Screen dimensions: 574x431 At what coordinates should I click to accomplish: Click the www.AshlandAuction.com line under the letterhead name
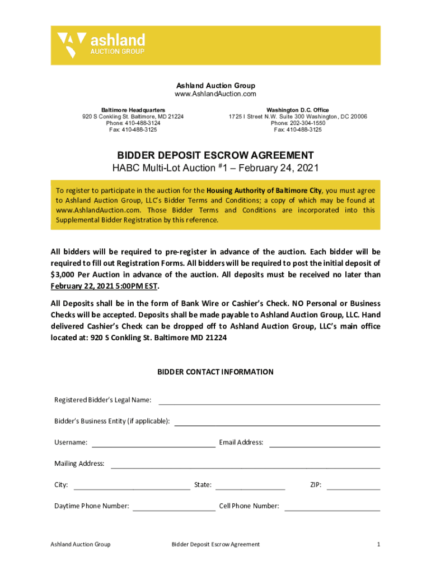[x=215, y=94]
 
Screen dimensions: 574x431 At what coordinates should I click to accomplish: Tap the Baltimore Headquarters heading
[x=133, y=110]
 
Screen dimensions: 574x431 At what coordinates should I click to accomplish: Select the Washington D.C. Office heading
[x=298, y=110]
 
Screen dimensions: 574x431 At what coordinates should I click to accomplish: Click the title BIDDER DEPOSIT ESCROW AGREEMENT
[x=215, y=155]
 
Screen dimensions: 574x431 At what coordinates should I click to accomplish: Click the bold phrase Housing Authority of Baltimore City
[x=264, y=190]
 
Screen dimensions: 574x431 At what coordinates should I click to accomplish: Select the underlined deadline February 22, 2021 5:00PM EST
[x=104, y=286]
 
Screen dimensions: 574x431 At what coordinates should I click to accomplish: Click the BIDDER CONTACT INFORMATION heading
[x=215, y=372]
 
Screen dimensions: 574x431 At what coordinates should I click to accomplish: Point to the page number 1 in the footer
[x=378, y=544]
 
